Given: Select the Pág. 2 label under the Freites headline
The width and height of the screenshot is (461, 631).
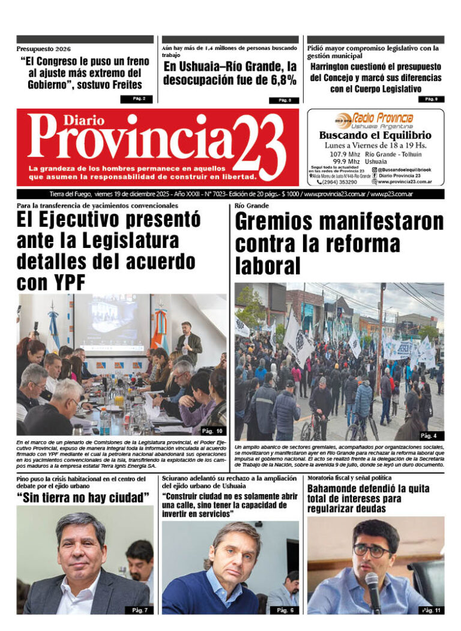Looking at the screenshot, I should [136, 98].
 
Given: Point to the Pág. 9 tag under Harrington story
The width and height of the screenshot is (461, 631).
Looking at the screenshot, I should [431, 99].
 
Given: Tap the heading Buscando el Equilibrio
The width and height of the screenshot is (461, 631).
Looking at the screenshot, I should [375, 136].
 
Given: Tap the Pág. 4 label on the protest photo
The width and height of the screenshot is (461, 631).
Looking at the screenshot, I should [428, 436].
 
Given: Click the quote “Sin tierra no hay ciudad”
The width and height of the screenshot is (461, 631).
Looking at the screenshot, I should [83, 498].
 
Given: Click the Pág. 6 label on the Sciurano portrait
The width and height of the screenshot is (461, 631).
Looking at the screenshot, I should [285, 610].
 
